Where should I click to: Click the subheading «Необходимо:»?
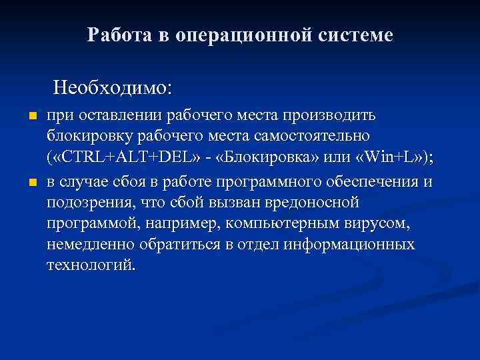click(x=112, y=87)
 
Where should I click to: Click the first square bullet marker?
click(x=31, y=117)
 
